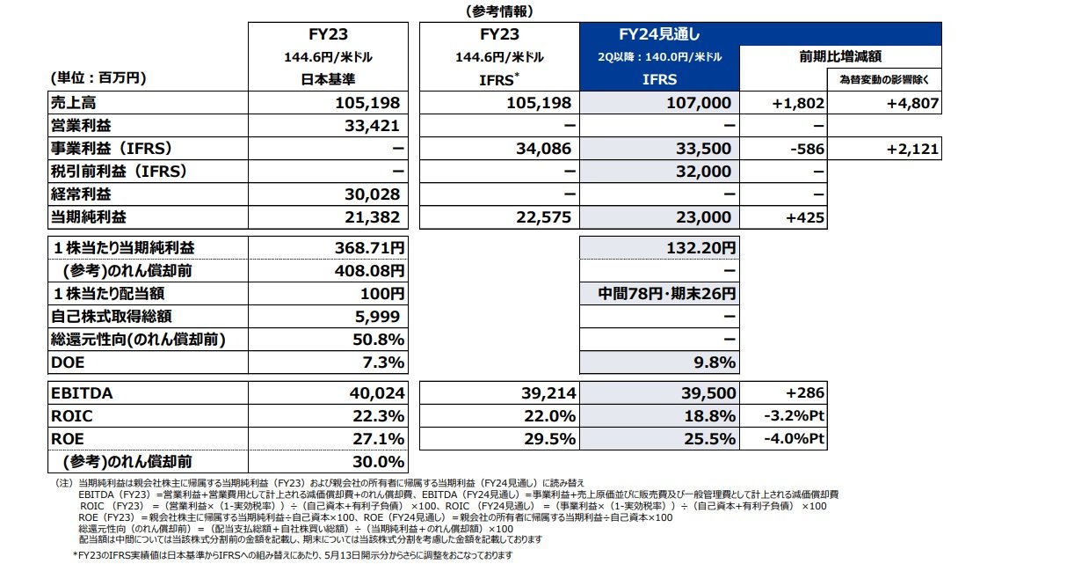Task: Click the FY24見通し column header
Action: pyautogui.click(x=659, y=35)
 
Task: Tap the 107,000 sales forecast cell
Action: pyautogui.click(x=700, y=103)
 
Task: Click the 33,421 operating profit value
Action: pyautogui.click(x=371, y=126)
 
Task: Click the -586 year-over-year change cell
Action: pyautogui.click(x=807, y=149)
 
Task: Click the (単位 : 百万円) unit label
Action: pyautogui.click(x=98, y=78)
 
